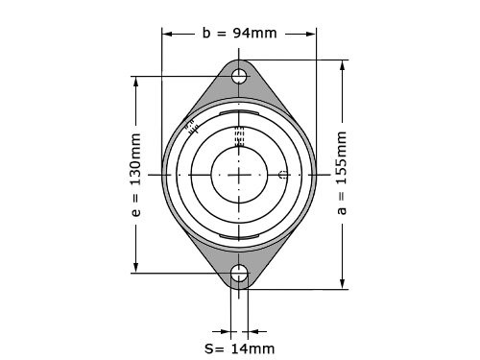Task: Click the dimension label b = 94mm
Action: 239,33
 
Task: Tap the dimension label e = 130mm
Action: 136,175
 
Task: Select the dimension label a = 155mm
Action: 342,173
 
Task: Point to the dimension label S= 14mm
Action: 240,348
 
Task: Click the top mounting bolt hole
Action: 239,77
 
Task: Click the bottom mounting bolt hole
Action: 239,273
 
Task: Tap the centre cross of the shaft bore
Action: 239,175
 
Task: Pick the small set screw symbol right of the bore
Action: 282,175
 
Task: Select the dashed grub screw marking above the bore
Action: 239,136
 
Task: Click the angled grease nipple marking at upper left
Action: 192,127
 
